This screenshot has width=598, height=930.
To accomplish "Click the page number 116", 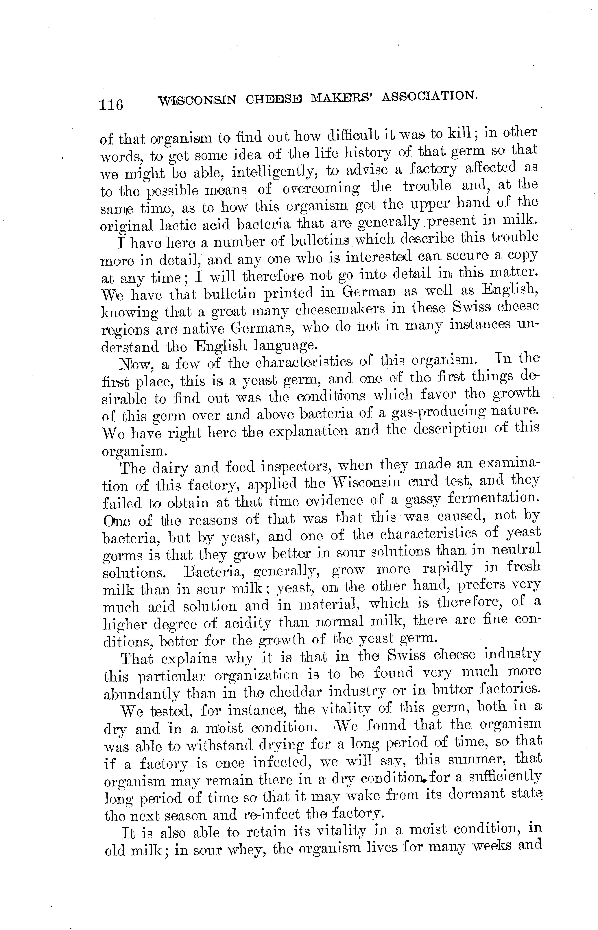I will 111,104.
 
